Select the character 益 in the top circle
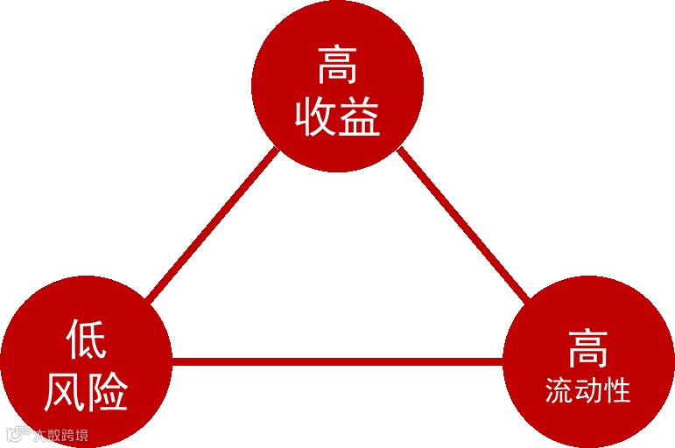pyautogui.click(x=359, y=116)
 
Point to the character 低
pyautogui.click(x=86, y=339)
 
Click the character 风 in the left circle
pyautogui.click(x=64, y=391)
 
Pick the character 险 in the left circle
pyautogui.click(x=108, y=391)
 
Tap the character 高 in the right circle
pyautogui.click(x=587, y=347)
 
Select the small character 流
pyautogui.click(x=559, y=390)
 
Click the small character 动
pyautogui.click(x=587, y=390)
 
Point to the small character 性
pyautogui.click(x=616, y=390)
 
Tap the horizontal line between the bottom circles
pyautogui.click(x=337, y=360)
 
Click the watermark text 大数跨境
pyautogui.click(x=61, y=434)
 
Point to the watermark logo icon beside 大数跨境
pyautogui.click(x=15, y=433)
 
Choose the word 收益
pyautogui.click(x=337, y=116)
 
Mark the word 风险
pyautogui.click(x=86, y=391)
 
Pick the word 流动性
pyautogui.click(x=587, y=390)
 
